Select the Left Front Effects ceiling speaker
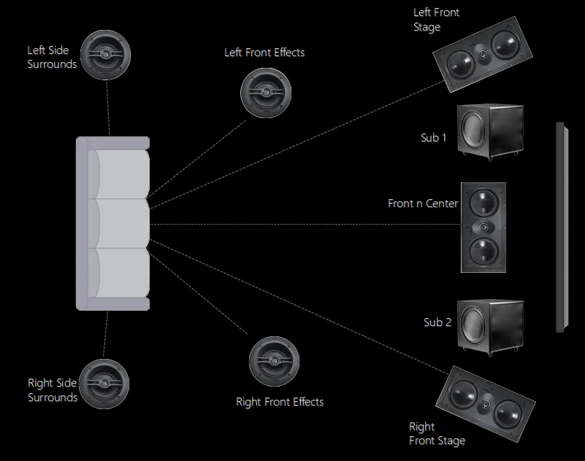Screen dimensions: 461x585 (265, 93)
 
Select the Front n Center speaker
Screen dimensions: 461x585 (483, 227)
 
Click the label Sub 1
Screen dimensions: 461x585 (435, 137)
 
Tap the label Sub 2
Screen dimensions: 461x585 (437, 322)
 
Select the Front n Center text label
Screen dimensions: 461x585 (422, 204)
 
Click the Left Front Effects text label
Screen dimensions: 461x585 (264, 53)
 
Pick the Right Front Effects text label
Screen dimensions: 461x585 (280, 402)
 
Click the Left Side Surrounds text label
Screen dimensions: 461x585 (52, 57)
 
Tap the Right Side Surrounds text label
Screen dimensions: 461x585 (53, 390)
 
